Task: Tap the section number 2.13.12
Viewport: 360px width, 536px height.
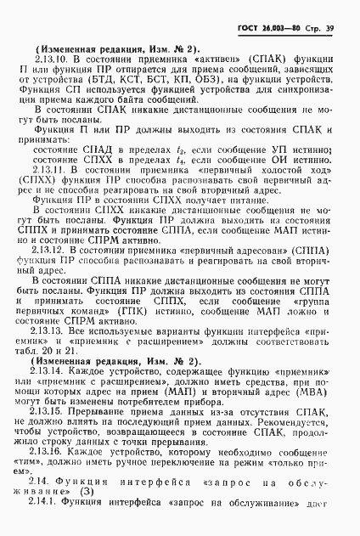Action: point(50,251)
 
